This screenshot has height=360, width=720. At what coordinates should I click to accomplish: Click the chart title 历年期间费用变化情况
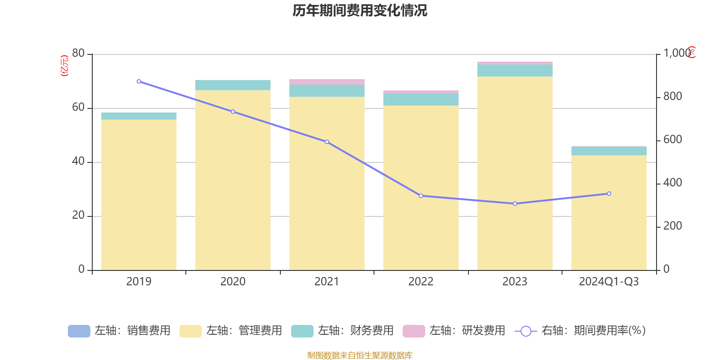coord(360,10)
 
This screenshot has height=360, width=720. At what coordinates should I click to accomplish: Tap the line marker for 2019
coord(139,81)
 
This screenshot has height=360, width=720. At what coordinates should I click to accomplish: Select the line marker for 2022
coord(421,196)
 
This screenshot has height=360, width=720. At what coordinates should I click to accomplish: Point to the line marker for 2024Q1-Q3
coord(609,193)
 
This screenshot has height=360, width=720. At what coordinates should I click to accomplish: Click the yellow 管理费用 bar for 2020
coord(233,180)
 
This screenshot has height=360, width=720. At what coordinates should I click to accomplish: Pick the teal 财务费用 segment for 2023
coord(515,71)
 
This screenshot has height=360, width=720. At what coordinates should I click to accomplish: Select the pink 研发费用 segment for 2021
coord(327,81)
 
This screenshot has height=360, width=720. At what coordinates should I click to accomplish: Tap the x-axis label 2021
coord(327,282)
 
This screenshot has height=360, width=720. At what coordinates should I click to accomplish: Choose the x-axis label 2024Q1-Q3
coord(609,282)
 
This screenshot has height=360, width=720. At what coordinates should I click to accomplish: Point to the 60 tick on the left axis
coord(78,108)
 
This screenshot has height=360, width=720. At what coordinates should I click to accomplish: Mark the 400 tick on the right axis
coord(672,183)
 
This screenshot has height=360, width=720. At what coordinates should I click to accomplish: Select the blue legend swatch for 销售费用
coord(79,331)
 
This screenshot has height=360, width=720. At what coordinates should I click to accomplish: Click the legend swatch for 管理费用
coord(190,331)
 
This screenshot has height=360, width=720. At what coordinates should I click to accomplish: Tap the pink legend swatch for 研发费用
coord(414,331)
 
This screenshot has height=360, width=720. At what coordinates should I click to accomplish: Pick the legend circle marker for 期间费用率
coord(526,331)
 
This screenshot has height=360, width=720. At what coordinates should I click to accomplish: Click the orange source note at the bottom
coord(360,355)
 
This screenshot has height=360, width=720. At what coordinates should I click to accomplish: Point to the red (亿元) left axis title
coord(64,66)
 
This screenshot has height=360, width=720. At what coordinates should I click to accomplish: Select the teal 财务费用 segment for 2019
coord(139,116)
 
